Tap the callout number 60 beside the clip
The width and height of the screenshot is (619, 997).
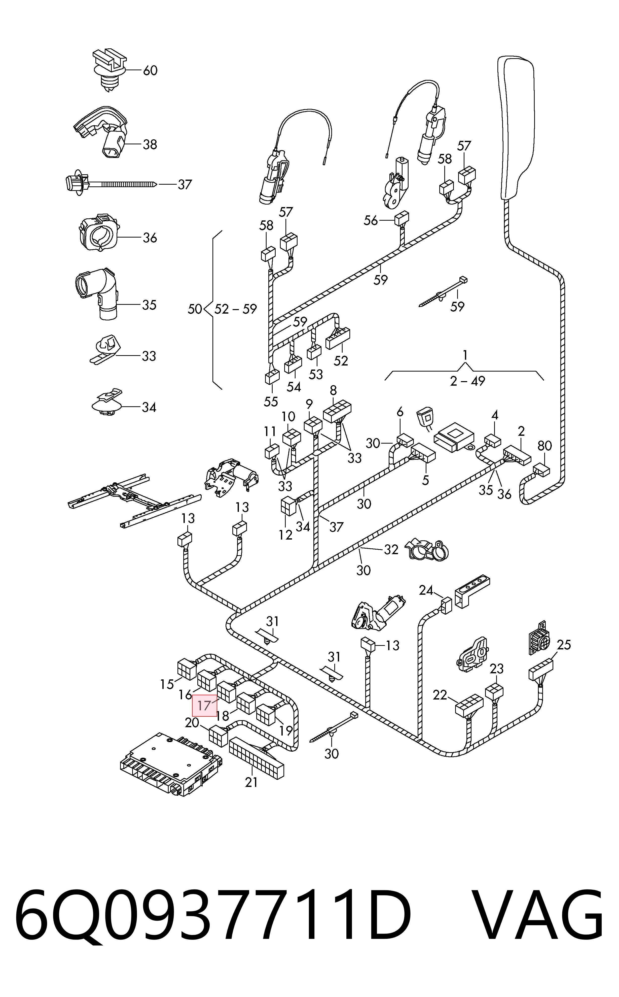(150, 71)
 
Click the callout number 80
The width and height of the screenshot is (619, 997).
(544, 445)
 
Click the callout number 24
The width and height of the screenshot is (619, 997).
(426, 590)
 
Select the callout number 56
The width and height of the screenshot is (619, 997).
(371, 220)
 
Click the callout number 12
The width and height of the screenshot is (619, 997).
(286, 535)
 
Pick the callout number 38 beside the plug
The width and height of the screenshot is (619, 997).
(150, 145)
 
